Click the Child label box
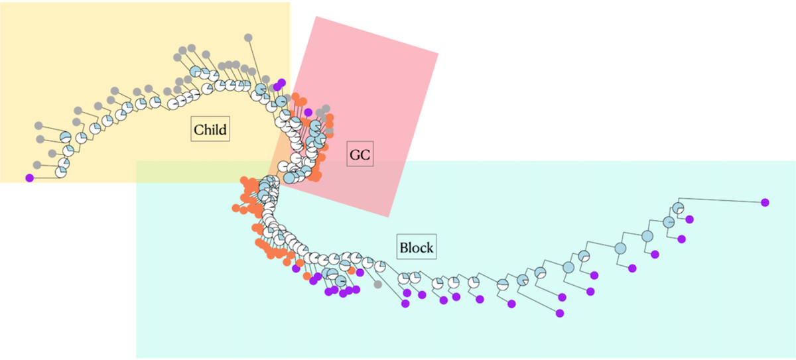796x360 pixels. click(210, 130)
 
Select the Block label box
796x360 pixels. click(416, 248)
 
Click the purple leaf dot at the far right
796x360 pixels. click(765, 202)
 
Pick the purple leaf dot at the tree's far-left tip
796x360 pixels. click(29, 178)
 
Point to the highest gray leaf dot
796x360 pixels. click(248, 38)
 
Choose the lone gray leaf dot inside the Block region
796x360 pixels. click(377, 284)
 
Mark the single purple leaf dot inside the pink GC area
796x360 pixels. click(308, 111)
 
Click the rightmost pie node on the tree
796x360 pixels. click(677, 207)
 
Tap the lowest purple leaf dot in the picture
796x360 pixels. click(560, 313)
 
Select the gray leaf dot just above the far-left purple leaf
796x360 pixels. click(37, 164)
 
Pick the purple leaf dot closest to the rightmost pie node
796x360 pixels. click(689, 219)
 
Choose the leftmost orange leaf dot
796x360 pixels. click(235, 209)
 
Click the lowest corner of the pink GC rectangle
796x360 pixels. click(388, 216)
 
